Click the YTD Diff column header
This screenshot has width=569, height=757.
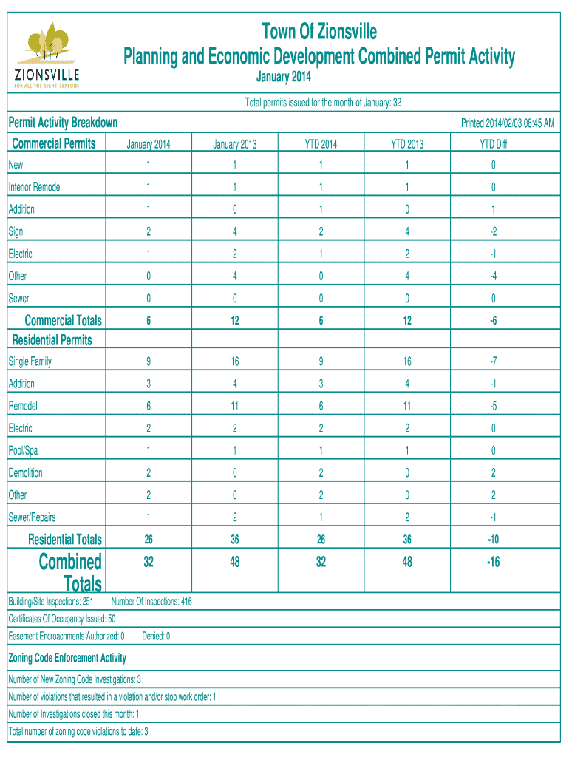[x=493, y=144]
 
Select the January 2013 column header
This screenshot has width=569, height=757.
[x=234, y=144]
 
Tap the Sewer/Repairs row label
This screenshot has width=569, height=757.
[x=32, y=517]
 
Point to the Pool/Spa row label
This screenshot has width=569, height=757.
[x=23, y=451]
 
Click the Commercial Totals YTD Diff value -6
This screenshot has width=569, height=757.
[x=493, y=320]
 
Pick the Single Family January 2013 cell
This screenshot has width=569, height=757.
[x=234, y=361]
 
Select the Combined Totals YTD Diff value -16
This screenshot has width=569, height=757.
[x=493, y=562]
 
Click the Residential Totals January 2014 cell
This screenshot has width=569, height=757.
[x=149, y=540]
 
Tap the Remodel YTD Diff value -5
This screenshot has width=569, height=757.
[x=493, y=406]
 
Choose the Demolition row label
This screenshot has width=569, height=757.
[x=26, y=473]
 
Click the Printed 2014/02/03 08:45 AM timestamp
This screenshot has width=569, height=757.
[x=508, y=123]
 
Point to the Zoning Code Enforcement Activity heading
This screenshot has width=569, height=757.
[x=67, y=658]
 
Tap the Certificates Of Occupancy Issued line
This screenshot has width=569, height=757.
[x=61, y=619]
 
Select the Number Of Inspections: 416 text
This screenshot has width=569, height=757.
[x=151, y=602]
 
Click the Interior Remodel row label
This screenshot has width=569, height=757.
[x=35, y=187]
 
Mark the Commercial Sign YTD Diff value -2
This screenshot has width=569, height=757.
[x=493, y=231]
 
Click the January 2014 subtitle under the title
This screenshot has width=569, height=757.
[x=284, y=78]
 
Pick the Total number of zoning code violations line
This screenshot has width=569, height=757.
[x=78, y=732]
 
